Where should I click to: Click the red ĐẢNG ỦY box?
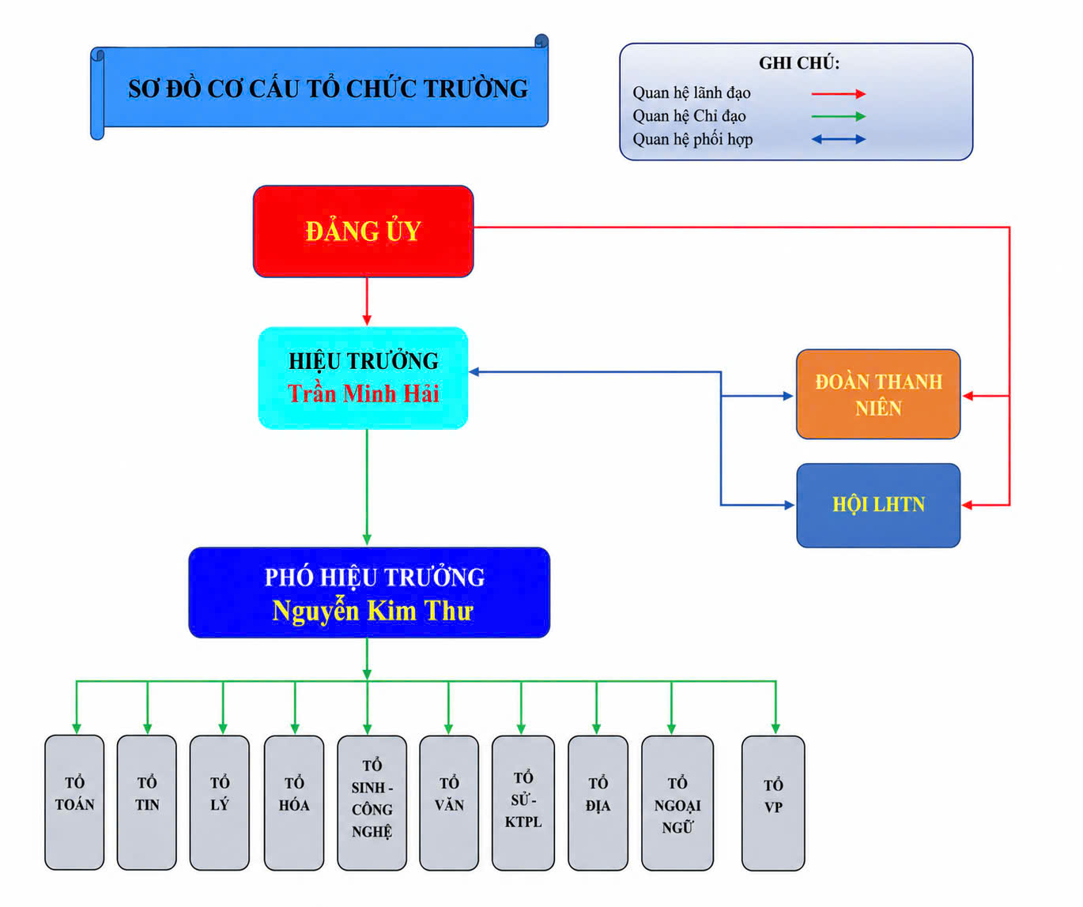(363, 231)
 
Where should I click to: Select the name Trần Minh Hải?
(363, 393)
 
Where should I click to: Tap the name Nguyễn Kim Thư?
(372, 611)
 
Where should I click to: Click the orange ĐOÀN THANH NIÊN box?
(878, 394)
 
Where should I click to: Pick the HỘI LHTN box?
(878, 506)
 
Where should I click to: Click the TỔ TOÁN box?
(74, 802)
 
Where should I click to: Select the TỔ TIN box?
(147, 802)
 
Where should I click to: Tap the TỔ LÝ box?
(220, 802)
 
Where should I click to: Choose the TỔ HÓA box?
(294, 802)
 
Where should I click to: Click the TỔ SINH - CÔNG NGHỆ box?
(372, 802)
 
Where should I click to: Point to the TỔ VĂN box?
(449, 802)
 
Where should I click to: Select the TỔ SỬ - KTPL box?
(523, 802)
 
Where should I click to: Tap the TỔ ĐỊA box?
(598, 802)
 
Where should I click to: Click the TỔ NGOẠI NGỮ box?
(677, 802)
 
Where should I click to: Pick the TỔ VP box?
(773, 803)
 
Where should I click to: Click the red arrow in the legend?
(839, 94)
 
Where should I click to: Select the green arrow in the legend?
(839, 116)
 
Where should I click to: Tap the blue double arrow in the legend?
(839, 139)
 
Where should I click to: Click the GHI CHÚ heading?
(799, 63)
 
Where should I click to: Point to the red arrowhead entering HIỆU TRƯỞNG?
(367, 320)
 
